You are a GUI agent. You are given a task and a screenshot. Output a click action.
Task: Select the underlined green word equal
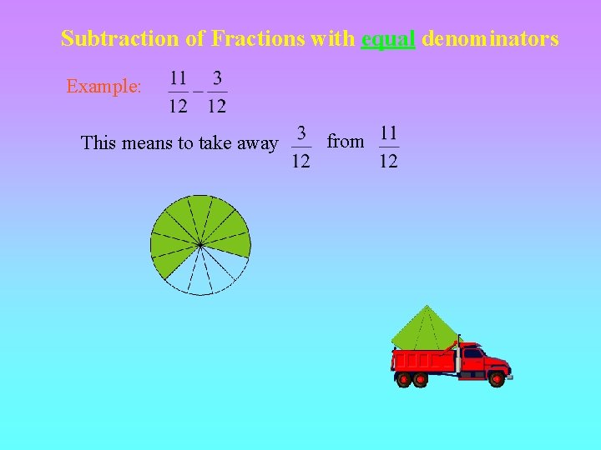[388, 38]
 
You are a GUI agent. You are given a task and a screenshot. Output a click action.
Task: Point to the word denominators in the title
[491, 38]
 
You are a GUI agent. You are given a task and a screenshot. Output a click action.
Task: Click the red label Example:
[104, 86]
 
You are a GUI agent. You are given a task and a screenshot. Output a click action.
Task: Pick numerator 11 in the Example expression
[178, 78]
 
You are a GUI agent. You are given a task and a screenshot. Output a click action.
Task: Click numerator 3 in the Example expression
[217, 78]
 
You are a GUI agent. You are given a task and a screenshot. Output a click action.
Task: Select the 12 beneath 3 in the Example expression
[217, 106]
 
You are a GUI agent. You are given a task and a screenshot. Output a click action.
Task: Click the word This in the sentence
[98, 143]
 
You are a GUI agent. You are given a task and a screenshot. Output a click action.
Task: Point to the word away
[259, 143]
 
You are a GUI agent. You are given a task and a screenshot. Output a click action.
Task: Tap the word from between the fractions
[346, 142]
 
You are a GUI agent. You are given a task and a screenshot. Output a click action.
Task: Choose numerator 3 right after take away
[301, 133]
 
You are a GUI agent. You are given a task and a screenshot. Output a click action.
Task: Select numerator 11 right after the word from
[388, 133]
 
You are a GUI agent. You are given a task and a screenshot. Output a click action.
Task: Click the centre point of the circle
[200, 244]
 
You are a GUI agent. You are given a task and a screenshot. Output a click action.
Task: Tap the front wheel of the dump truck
[497, 379]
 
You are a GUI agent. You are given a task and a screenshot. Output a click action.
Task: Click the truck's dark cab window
[473, 353]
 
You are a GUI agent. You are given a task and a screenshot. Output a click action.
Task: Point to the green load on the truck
[425, 328]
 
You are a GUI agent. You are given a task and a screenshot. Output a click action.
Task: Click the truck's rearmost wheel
[404, 380]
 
